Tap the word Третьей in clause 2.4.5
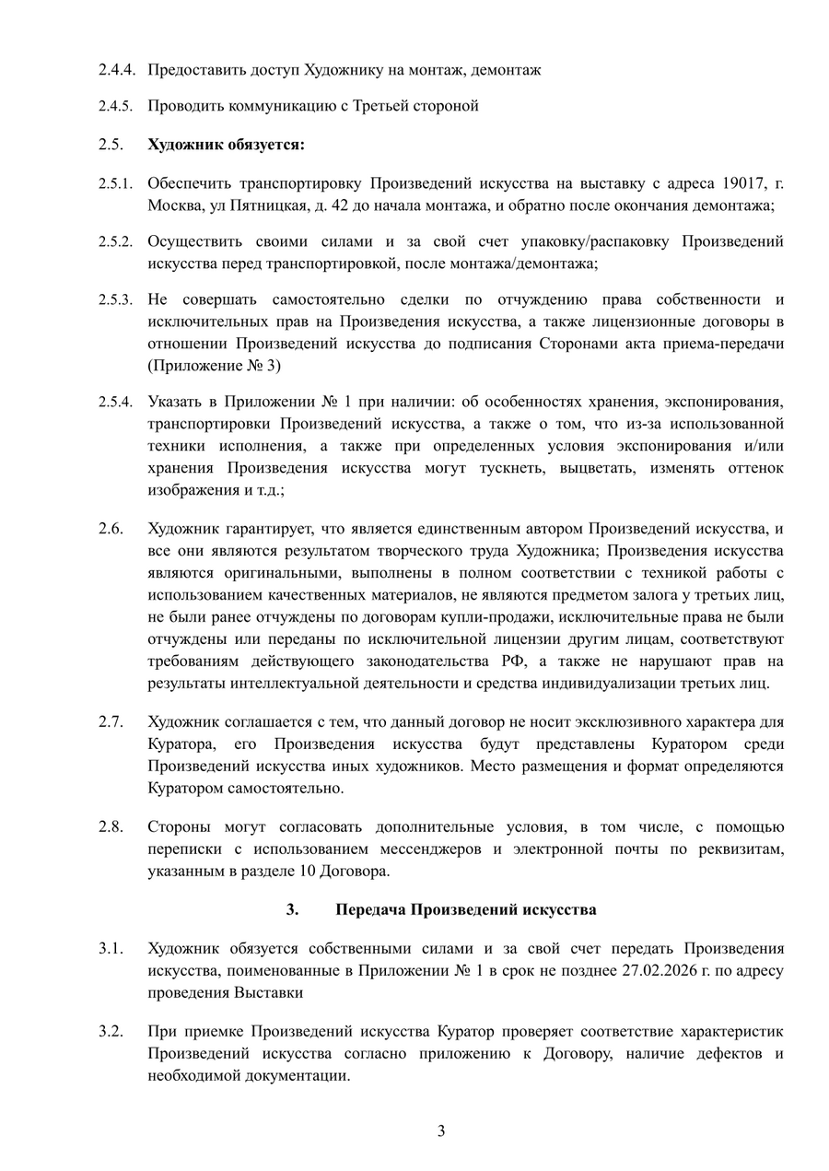point(379,105)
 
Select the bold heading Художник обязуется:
point(226,145)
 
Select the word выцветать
point(614,468)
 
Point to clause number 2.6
point(111,529)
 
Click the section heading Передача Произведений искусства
point(465,909)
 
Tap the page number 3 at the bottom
point(441,1131)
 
